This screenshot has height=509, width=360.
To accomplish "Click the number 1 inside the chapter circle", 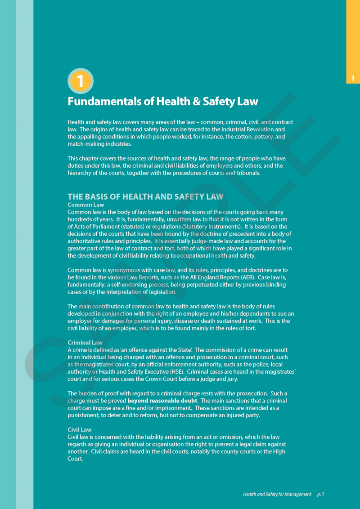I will coord(80,81).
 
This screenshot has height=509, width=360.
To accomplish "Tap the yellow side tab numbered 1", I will coord(353,79).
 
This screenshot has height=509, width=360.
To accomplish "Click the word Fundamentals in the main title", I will coord(104,102).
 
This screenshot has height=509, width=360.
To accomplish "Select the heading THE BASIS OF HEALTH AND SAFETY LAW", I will coord(145,196).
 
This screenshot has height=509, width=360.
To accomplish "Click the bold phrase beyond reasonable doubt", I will coord(162,401).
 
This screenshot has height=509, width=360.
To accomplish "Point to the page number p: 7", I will coord(320,494).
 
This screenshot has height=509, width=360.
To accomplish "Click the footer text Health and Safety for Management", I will coord(277,494).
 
